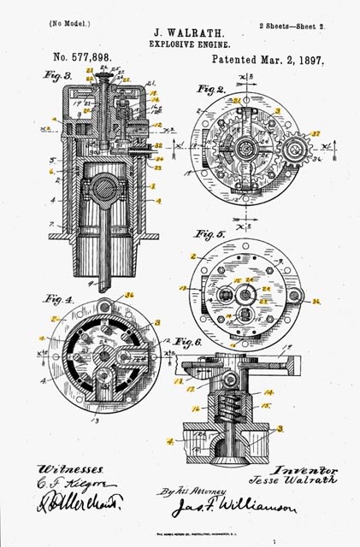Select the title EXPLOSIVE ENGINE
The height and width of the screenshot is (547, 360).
click(180, 41)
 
